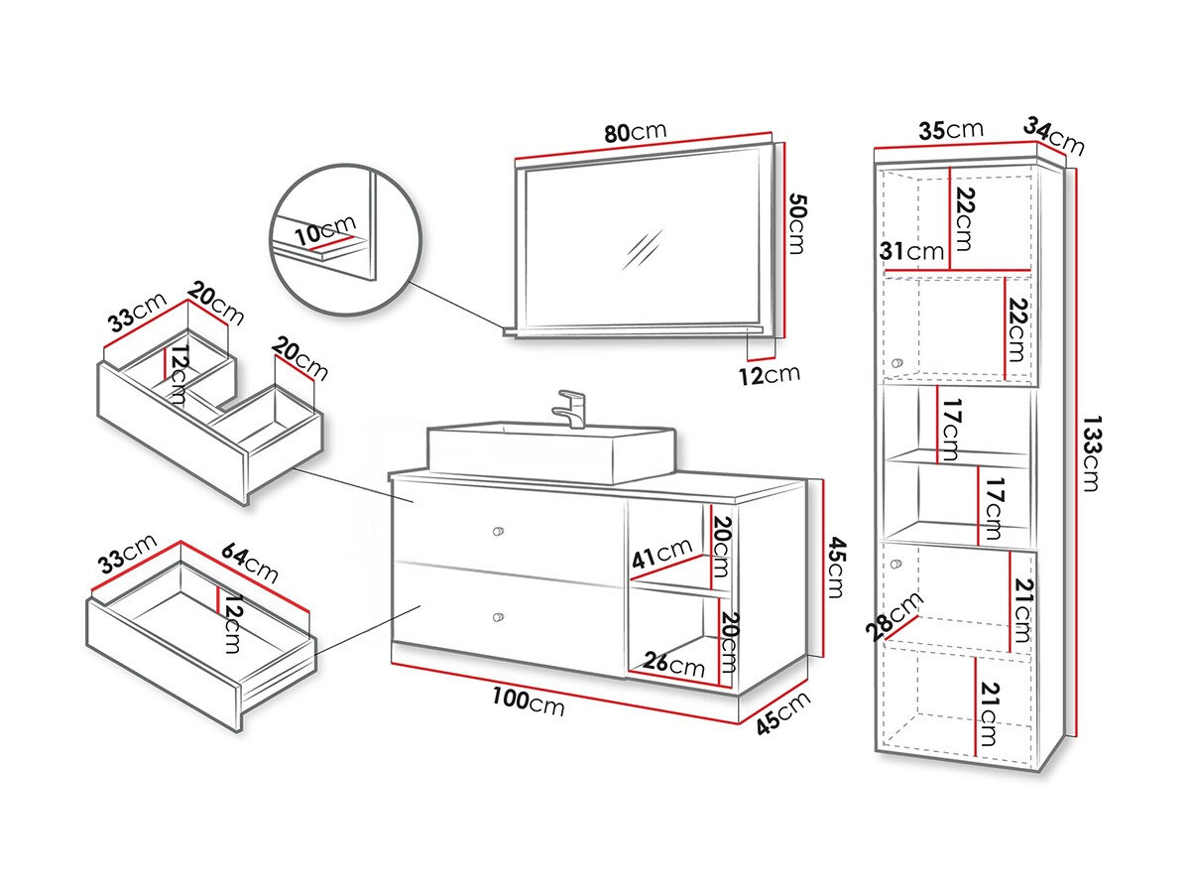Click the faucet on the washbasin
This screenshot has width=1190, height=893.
pos(573,408)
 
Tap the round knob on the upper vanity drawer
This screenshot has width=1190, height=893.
pos(499,532)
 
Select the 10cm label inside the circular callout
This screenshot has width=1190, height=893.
pos(323,235)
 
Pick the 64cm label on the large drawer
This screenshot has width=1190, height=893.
pos(249,563)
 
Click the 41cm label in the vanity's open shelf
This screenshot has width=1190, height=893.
pos(661,552)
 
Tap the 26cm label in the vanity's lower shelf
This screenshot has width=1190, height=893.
pos(673,662)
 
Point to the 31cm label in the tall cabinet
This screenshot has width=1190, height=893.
pos(912,252)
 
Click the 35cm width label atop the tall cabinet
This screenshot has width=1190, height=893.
pos(950,131)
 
